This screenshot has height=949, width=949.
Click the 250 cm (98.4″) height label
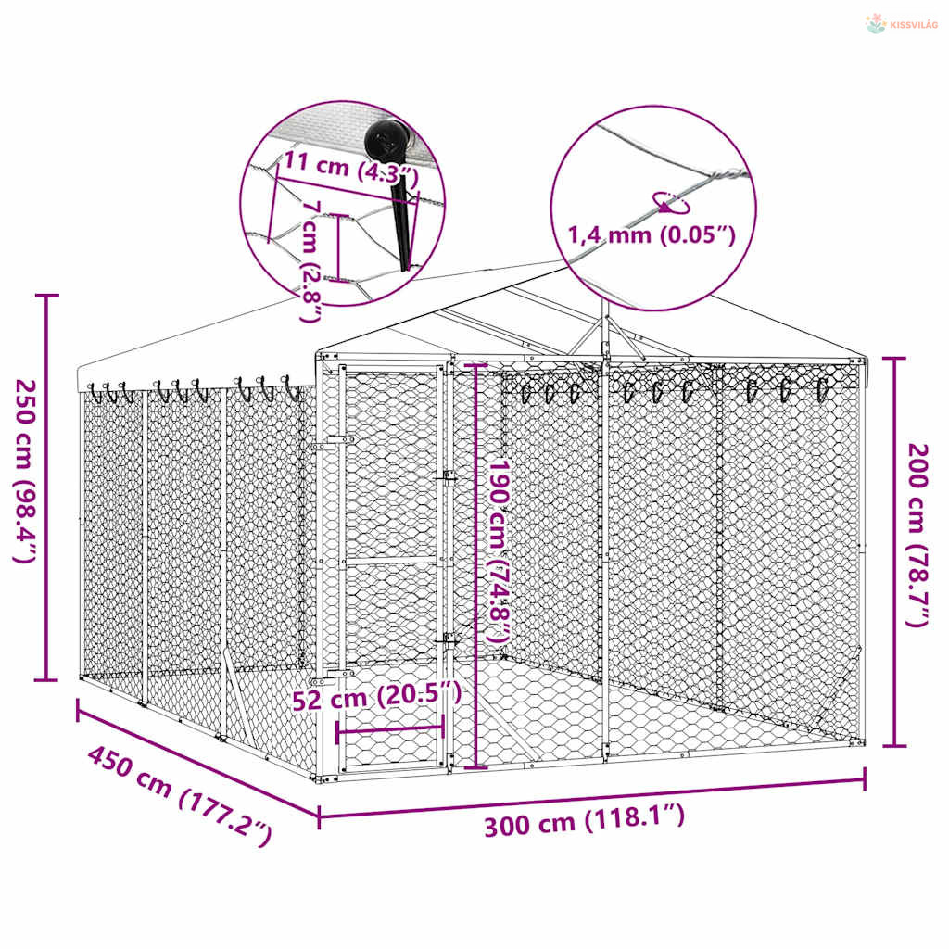tap(26, 471)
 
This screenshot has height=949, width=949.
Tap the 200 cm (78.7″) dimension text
tap(918, 535)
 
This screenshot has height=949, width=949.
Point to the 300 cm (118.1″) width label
tap(584, 821)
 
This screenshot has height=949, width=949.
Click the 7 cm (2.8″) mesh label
tap(311, 260)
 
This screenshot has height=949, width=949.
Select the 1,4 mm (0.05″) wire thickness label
tap(652, 234)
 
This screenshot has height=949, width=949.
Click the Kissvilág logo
tap(901, 24)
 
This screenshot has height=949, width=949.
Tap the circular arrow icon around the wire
tap(671, 203)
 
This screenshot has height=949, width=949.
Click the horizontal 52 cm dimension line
tap(390, 730)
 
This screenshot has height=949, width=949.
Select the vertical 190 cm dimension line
tap(476, 566)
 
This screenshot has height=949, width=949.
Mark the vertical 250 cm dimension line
tap(47, 487)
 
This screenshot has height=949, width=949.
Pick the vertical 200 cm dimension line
tap(894, 552)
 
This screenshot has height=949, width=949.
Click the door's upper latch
tap(449, 478)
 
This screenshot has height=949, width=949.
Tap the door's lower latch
tap(449, 640)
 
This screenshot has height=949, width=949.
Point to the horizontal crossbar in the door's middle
tap(390, 561)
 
